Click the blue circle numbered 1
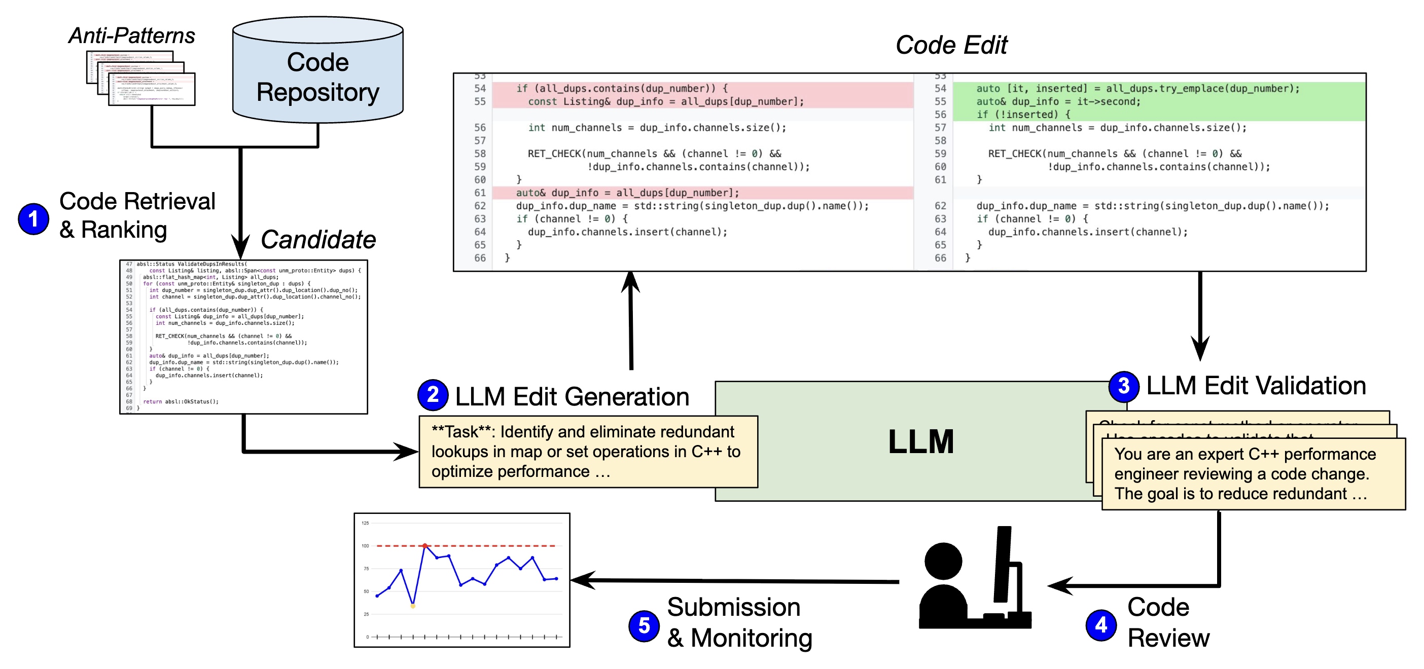click(x=33, y=219)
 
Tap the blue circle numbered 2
click(x=433, y=395)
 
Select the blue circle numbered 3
click(x=1123, y=386)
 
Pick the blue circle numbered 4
click(x=1100, y=625)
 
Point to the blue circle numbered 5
click(x=644, y=626)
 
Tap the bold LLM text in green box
click(x=920, y=441)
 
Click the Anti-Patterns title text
click(x=131, y=35)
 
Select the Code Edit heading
click(x=951, y=45)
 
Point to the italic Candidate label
click(x=318, y=240)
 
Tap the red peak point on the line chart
click(x=424, y=546)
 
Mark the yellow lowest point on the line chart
click(x=413, y=606)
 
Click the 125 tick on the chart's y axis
click(x=365, y=523)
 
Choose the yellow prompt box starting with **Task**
click(x=588, y=452)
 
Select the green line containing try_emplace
click(x=1137, y=88)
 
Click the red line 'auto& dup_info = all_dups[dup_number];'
click(x=627, y=193)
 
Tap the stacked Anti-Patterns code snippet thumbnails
click(x=141, y=78)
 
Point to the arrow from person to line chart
click(x=735, y=581)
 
